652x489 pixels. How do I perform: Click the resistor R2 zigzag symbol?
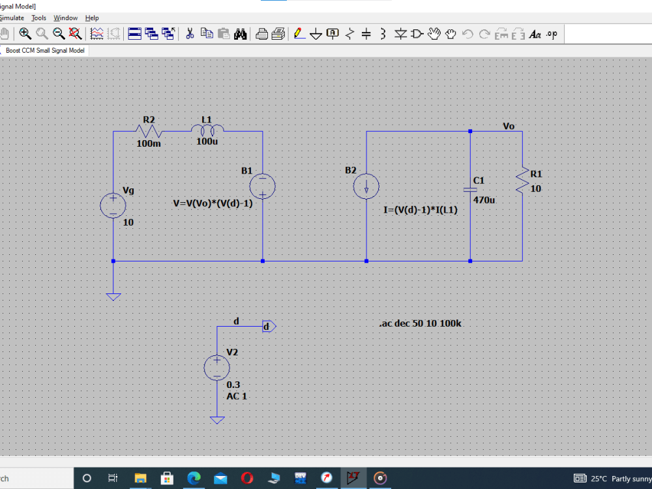149,132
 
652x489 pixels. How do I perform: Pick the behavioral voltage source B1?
262,186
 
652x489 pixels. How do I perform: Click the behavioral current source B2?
366,187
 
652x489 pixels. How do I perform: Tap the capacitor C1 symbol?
470,189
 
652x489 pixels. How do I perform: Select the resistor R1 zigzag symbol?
522,181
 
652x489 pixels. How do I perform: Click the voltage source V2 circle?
216,368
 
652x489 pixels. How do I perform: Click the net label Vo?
509,126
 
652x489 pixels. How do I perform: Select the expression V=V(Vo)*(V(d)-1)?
213,203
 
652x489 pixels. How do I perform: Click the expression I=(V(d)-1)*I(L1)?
421,210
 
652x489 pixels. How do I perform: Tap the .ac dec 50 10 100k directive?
420,323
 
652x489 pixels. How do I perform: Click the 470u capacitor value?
484,200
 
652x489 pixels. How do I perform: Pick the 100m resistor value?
149,143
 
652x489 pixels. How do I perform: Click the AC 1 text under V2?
237,396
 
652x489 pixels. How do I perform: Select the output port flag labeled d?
269,326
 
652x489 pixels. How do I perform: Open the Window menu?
65,18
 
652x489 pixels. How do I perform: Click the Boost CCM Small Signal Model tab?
45,50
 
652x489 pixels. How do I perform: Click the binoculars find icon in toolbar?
240,34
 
